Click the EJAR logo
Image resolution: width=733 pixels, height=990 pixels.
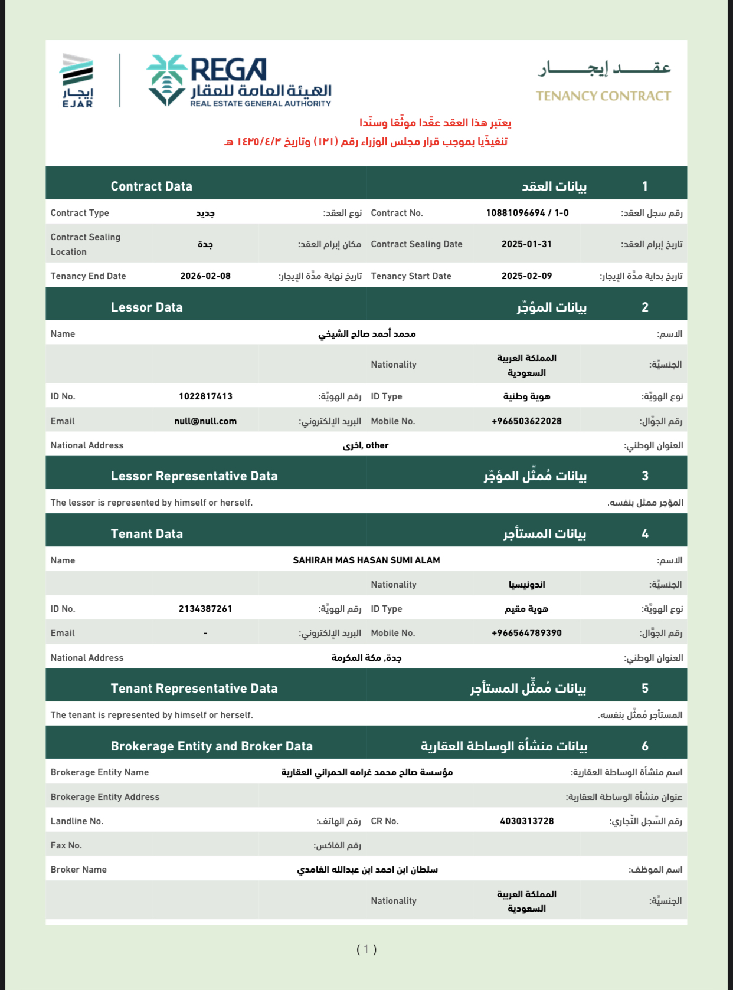[77, 80]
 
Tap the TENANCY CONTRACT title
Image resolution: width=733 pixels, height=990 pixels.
[603, 96]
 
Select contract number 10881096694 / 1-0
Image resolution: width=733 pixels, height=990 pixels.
[527, 213]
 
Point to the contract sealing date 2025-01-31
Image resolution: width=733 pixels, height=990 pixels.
[526, 244]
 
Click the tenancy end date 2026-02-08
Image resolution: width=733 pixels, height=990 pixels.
[205, 276]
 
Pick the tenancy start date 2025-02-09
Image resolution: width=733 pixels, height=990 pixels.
[526, 276]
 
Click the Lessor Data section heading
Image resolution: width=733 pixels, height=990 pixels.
[146, 307]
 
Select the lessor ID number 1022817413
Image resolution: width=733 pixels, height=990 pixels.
[205, 396]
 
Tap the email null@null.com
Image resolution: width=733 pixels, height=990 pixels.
[205, 421]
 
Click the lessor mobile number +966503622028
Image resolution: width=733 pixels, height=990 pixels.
[526, 421]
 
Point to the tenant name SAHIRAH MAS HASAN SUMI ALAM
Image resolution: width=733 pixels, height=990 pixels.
[366, 560]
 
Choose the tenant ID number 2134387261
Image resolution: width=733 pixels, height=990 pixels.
[205, 609]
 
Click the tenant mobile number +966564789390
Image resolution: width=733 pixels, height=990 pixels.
[526, 633]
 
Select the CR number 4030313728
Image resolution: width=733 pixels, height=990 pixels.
[526, 821]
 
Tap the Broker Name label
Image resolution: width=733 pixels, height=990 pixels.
[78, 870]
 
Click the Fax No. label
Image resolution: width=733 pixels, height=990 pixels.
[66, 845]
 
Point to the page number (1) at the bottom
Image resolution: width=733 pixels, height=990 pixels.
[366, 949]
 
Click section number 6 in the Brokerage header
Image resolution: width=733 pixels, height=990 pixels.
[645, 746]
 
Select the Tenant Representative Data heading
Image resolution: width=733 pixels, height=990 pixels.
[194, 689]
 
